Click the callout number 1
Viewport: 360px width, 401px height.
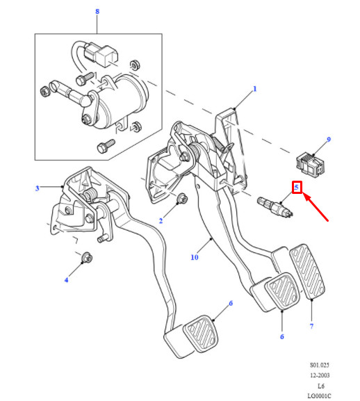(254, 89)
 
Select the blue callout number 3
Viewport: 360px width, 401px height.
(38, 188)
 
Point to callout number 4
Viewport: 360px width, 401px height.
(67, 280)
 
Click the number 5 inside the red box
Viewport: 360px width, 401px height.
(296, 188)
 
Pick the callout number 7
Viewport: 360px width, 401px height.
(311, 326)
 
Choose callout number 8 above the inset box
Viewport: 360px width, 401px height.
(97, 12)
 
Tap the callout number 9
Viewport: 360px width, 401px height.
(329, 140)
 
